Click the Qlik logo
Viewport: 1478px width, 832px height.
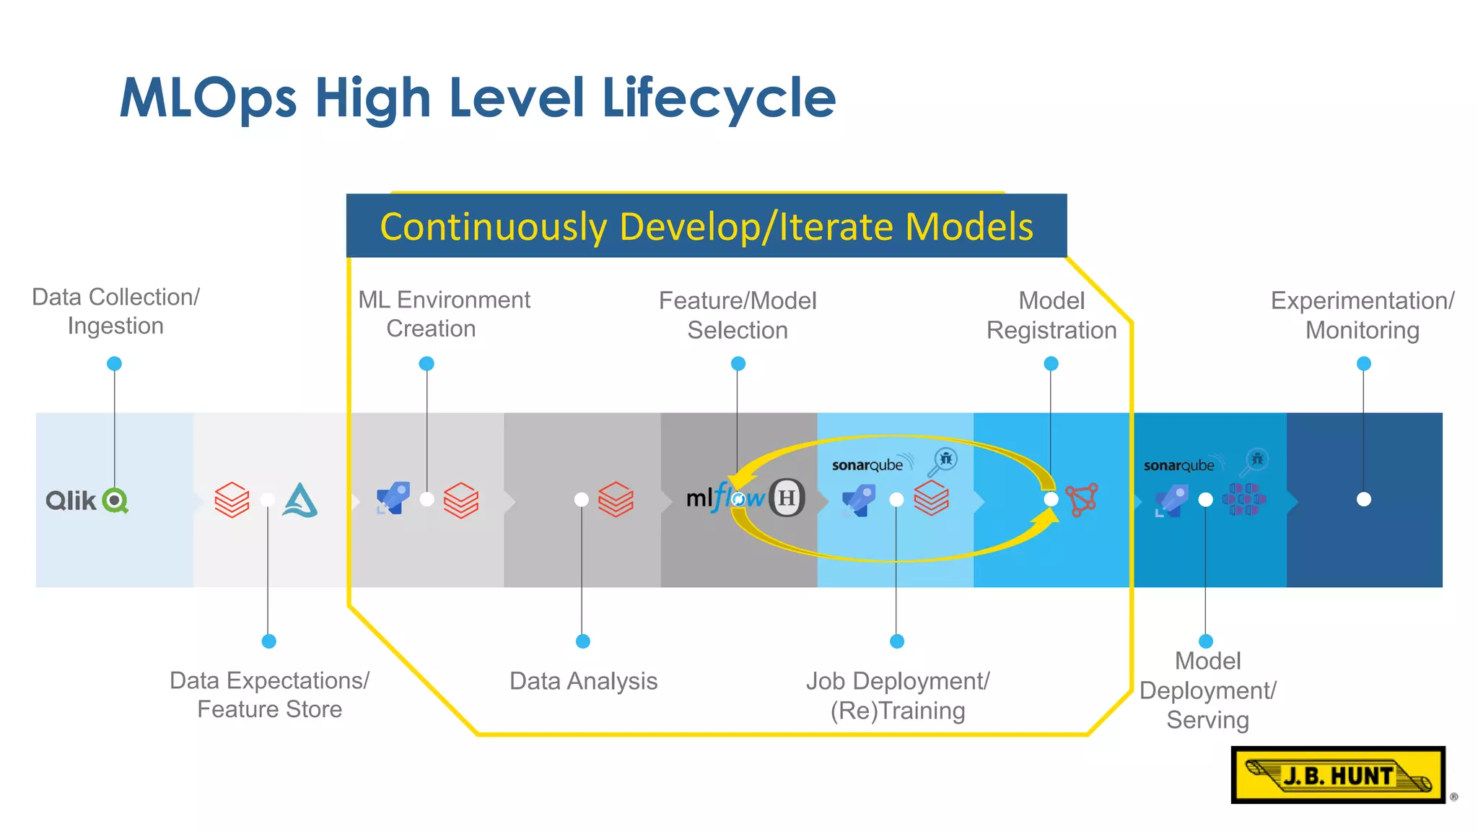(87, 500)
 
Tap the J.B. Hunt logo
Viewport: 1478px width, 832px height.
(1338, 775)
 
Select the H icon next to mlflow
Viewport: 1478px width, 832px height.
(787, 498)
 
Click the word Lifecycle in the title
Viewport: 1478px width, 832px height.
(718, 99)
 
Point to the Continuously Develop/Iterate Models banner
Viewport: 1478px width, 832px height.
(706, 226)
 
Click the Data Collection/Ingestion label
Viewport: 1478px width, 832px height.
(115, 311)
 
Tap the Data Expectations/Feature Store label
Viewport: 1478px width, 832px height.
(269, 695)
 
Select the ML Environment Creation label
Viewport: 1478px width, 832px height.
(443, 314)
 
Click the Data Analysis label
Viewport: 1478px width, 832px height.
(583, 681)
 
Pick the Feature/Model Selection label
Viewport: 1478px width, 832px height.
(738, 316)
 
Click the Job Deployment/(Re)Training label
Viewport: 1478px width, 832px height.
(897, 695)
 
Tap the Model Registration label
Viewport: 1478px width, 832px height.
(1051, 316)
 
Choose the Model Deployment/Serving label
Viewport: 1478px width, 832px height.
(1207, 690)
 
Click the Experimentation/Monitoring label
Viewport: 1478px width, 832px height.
(1362, 316)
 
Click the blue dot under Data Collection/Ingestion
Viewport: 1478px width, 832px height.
(114, 363)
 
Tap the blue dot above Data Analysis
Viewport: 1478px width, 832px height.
(583, 641)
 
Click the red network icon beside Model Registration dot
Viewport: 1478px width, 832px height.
(1083, 499)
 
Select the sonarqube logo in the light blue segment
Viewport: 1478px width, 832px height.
(867, 465)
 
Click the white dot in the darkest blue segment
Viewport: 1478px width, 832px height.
(1363, 499)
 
